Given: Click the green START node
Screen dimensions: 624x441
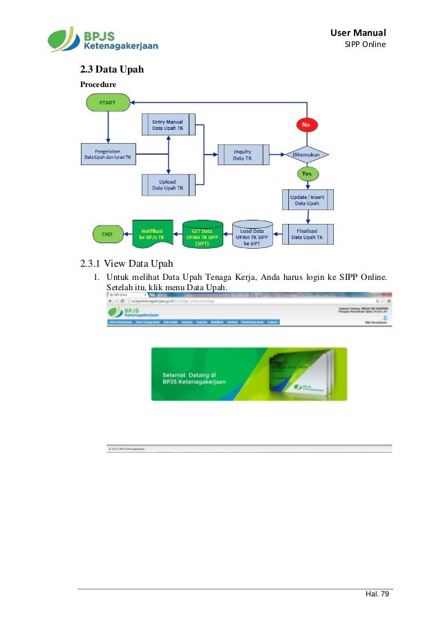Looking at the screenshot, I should (x=107, y=102).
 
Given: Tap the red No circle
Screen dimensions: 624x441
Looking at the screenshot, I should (x=306, y=124).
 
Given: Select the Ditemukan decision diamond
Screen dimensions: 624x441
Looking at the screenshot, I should (x=306, y=154).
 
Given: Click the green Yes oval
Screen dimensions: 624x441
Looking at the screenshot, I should (x=306, y=173).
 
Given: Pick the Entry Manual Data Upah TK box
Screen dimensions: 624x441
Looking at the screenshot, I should (x=167, y=125).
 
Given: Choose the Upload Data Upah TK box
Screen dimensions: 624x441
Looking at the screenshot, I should (x=167, y=185).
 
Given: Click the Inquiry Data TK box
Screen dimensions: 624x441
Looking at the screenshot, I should (x=242, y=155).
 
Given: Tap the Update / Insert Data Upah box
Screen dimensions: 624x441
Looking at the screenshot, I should (x=307, y=200).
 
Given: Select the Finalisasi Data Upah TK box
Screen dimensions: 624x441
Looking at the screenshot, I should (x=307, y=234).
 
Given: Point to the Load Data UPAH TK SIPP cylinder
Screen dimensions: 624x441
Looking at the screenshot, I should (x=252, y=234).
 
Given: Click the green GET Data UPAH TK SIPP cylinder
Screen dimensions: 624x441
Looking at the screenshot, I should (x=203, y=234).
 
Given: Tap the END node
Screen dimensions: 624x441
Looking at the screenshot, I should (x=107, y=234).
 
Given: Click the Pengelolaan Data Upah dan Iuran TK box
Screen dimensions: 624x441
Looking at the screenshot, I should (x=108, y=155).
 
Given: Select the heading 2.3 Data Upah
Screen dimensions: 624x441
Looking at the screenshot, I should (x=111, y=70).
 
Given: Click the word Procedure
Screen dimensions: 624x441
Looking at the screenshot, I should (x=98, y=84).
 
